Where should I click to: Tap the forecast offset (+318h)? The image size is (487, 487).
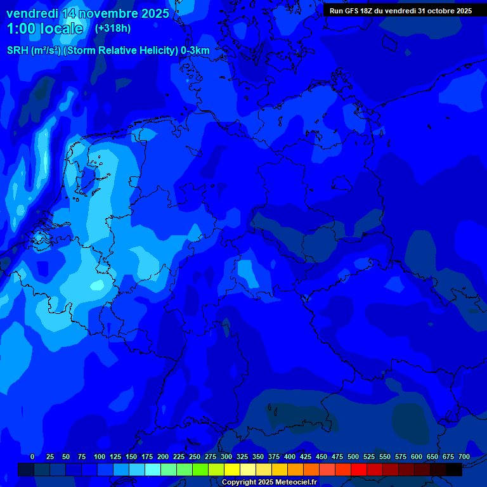pos(112,29)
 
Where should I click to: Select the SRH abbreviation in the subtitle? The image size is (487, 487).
pos(17,51)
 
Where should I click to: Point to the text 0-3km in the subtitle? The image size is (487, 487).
pos(195,51)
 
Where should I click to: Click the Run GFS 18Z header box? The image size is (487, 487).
pos(401,11)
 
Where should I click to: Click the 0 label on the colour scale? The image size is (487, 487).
pos(32,457)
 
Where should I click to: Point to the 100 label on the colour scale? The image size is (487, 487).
pos(100,457)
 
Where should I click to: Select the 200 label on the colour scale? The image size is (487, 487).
pos(163,457)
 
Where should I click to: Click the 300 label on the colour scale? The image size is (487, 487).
pos(226,457)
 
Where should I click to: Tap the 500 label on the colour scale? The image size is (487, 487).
pos(353,457)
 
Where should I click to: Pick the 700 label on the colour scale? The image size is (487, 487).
pos(464,457)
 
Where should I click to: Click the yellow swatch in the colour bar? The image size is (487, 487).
pos(232,470)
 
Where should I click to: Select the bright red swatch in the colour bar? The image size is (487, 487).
pos(359,470)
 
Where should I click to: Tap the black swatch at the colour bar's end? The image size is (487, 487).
pos(454,470)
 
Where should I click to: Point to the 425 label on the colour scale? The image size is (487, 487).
pos(306,457)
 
